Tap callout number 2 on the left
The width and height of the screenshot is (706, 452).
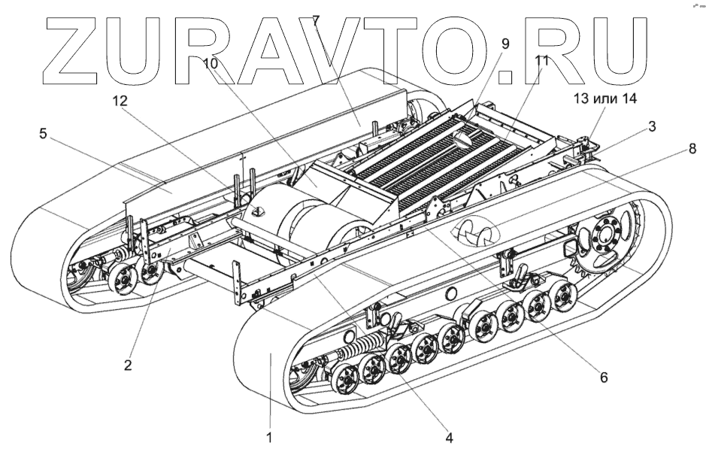coord(128,366)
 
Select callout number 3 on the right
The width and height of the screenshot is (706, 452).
coord(652,126)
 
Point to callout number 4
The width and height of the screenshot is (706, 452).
coord(448,435)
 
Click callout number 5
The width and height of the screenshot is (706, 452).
coord(44,135)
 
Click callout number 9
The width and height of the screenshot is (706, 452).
coord(505,44)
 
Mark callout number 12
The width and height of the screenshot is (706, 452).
coord(120,100)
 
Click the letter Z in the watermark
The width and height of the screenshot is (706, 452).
coord(78,49)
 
